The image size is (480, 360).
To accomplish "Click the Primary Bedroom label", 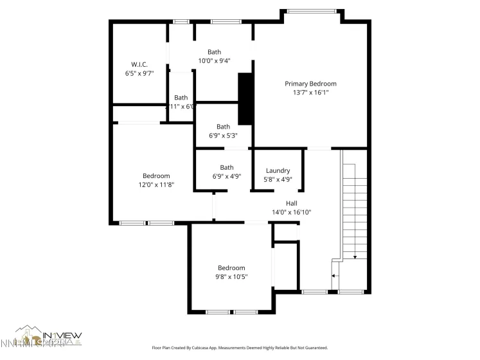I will click(x=310, y=84).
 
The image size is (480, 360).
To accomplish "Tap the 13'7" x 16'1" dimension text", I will click(x=310, y=93).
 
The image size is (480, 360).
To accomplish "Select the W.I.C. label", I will click(x=139, y=64).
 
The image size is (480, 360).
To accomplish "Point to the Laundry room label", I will click(x=278, y=171).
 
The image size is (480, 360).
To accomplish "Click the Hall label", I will click(x=291, y=203).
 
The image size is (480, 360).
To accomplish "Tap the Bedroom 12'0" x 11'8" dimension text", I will click(x=156, y=184).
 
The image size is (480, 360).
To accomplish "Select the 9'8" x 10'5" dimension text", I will click(x=231, y=276).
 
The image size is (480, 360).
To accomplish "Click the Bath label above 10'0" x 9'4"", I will click(x=214, y=52).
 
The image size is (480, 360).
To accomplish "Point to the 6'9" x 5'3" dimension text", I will click(x=223, y=136).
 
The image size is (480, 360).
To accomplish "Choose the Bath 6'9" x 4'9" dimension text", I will click(x=227, y=176).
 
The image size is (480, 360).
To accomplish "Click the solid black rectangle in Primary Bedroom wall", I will click(x=245, y=99).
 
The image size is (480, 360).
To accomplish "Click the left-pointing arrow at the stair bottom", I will click(x=333, y=276).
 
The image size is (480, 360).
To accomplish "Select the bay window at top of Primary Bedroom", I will click(x=311, y=11).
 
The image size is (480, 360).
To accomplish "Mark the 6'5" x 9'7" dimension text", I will click(x=139, y=73).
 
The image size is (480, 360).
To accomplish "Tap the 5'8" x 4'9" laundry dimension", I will click(x=278, y=180).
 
